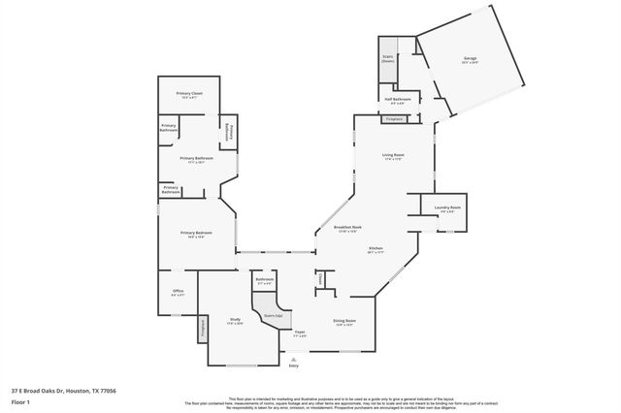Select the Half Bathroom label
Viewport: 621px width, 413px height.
click(397, 99)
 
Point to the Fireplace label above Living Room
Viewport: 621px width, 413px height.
click(394, 119)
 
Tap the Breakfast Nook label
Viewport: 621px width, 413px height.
click(347, 229)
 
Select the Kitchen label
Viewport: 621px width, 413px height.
click(376, 248)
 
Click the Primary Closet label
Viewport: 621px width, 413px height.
click(189, 93)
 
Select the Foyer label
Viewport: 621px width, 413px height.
click(300, 333)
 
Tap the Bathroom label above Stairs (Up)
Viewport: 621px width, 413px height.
click(265, 279)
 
